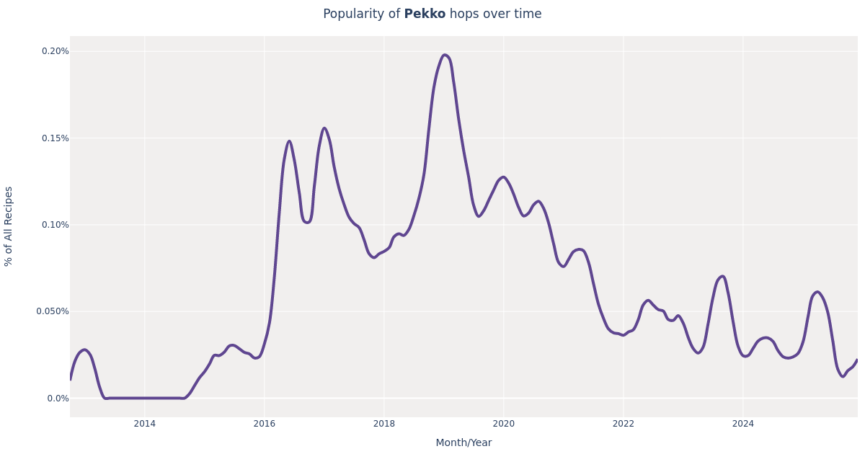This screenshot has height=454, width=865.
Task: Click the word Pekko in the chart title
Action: tap(425, 14)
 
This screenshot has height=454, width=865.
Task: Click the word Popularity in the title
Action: tap(361, 14)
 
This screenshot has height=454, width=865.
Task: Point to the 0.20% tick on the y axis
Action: tap(56, 51)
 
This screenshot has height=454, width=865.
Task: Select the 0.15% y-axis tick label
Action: tap(56, 138)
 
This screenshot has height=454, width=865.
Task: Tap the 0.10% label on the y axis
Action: tap(56, 225)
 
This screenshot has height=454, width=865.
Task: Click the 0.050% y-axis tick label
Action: tap(53, 311)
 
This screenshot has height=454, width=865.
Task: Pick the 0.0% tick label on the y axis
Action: tap(58, 399)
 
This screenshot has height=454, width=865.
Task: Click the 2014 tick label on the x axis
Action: tap(145, 424)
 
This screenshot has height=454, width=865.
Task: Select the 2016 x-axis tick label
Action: tap(265, 424)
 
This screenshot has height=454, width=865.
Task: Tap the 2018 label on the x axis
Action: tap(384, 424)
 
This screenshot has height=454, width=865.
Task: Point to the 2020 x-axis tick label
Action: tap(504, 424)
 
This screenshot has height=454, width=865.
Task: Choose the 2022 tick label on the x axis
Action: tap(624, 424)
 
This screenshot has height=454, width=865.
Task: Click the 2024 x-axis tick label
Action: tap(743, 424)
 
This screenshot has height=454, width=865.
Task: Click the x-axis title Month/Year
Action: tap(463, 443)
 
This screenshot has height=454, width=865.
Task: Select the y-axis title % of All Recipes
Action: tap(9, 226)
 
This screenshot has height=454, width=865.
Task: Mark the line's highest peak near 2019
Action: tap(445, 55)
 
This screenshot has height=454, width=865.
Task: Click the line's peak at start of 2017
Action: tap(324, 128)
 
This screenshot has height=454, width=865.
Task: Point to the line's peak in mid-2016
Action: tap(289, 141)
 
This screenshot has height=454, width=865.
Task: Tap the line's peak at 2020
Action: tap(503, 177)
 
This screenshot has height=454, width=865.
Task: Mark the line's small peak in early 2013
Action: tap(84, 350)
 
